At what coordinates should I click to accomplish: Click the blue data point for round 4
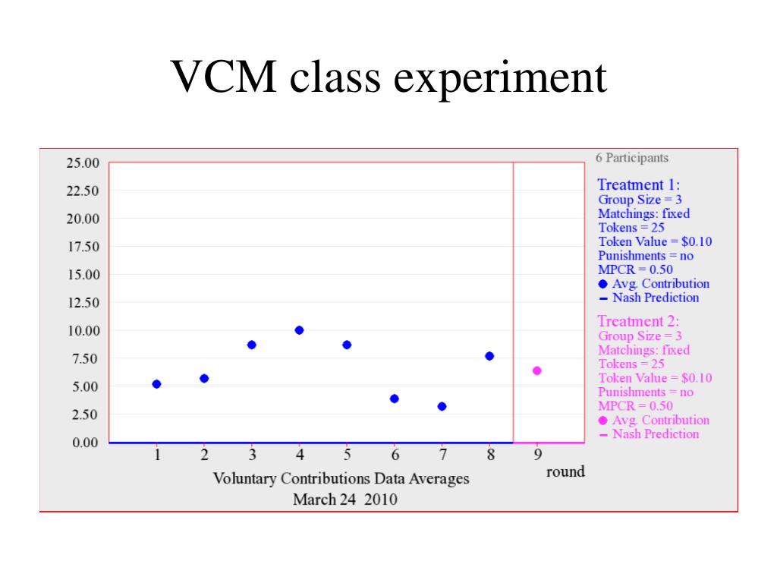299,330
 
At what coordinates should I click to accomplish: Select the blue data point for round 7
442,406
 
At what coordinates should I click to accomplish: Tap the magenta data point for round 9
537,370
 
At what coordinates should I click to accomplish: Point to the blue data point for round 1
156,384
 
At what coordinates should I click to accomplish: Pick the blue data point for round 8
489,356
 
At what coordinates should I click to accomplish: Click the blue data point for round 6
395,399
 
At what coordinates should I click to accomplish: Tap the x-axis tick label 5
347,455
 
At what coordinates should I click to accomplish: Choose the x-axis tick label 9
537,455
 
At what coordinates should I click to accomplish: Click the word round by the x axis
565,471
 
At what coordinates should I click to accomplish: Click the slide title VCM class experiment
388,77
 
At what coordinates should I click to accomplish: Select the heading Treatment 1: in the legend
639,184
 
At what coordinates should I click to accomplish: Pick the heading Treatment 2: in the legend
639,321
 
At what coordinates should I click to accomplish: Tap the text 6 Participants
632,158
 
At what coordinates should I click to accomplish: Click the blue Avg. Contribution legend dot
603,284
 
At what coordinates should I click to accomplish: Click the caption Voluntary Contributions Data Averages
341,479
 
